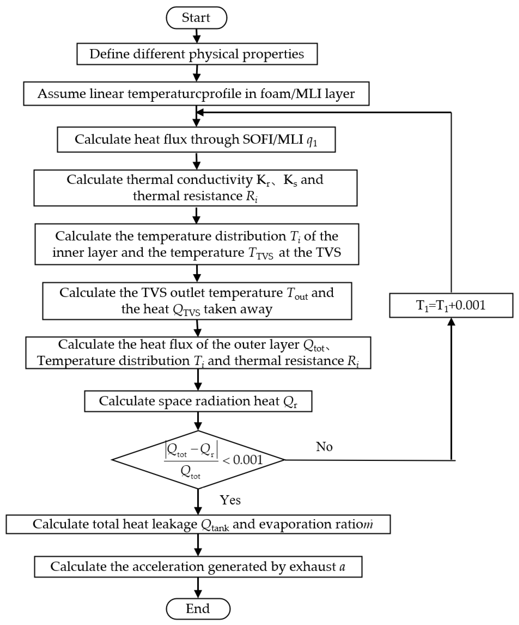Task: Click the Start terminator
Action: click(x=196, y=18)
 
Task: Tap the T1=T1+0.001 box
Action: click(x=451, y=305)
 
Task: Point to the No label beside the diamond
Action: click(x=324, y=447)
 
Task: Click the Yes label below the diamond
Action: click(x=230, y=500)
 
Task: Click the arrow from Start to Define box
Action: click(x=197, y=36)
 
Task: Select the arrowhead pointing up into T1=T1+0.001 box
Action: click(x=451, y=322)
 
